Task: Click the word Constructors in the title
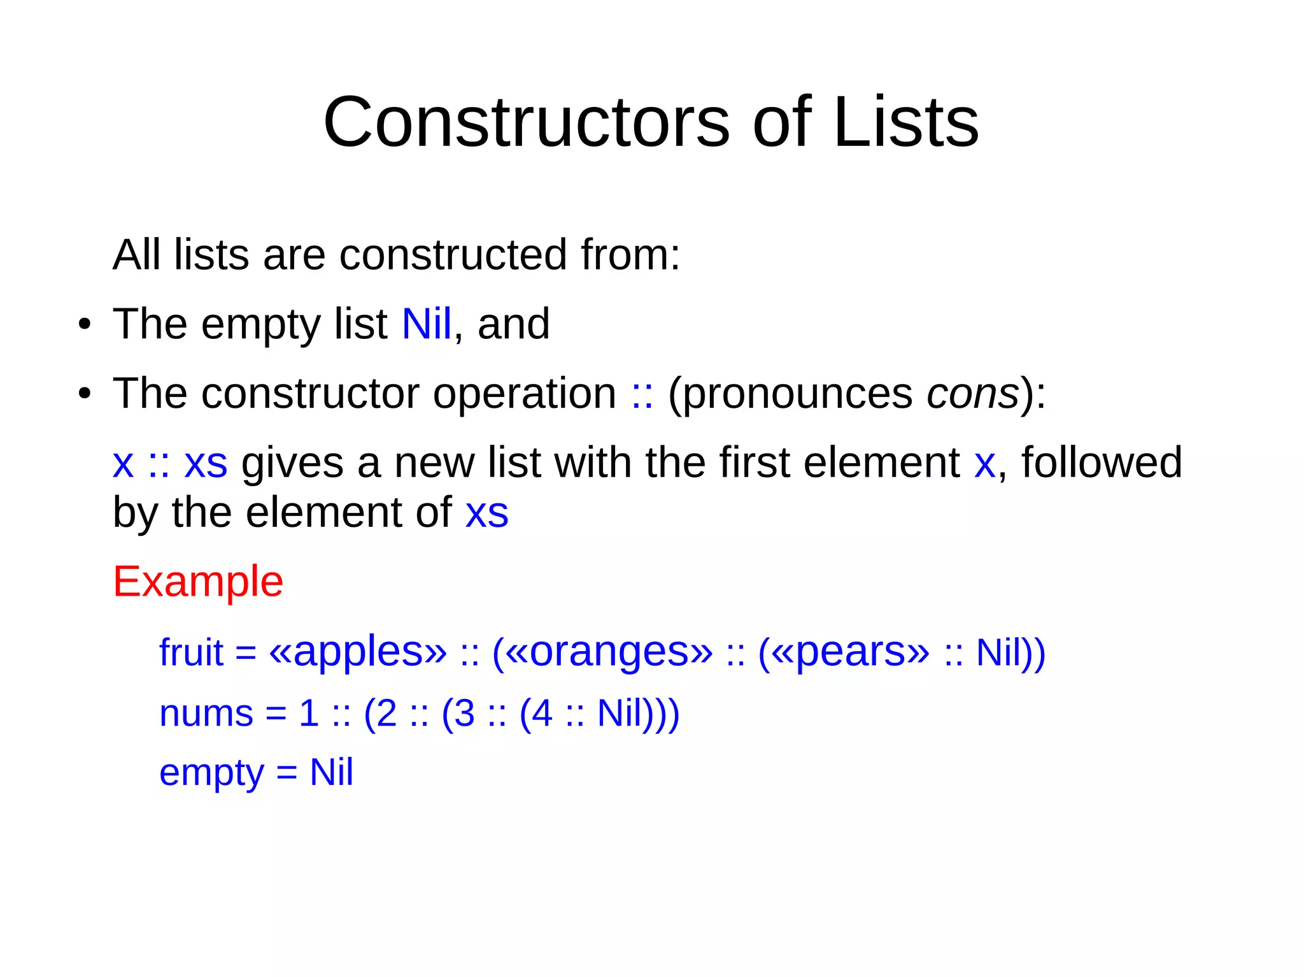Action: point(527,122)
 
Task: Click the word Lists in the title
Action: point(905,122)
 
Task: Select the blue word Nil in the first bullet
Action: point(427,324)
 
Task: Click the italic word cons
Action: point(973,393)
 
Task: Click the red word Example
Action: point(198,581)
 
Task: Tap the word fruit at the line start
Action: point(191,652)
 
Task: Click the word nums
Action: point(206,713)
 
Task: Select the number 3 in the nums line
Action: point(464,713)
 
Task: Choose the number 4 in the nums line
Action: point(542,713)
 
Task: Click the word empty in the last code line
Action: point(211,773)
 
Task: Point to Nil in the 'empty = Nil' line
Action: point(331,772)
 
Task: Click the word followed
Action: point(1102,462)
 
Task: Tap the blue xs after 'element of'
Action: point(487,512)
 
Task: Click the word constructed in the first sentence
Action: point(453,254)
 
